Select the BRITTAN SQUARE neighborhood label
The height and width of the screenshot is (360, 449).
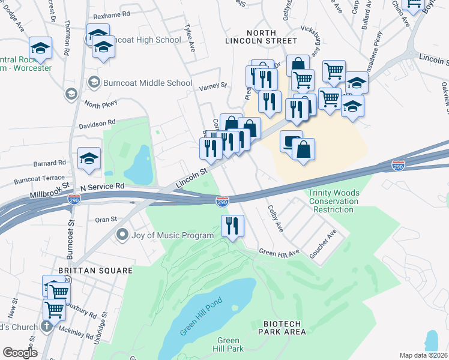[x=95, y=271]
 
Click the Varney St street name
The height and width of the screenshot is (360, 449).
[x=212, y=86]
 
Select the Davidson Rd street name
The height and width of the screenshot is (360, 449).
[x=97, y=124]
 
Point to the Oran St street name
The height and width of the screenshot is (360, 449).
[x=106, y=220]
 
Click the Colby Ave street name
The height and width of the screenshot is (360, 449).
[x=274, y=221]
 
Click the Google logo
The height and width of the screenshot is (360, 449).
[x=20, y=353]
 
